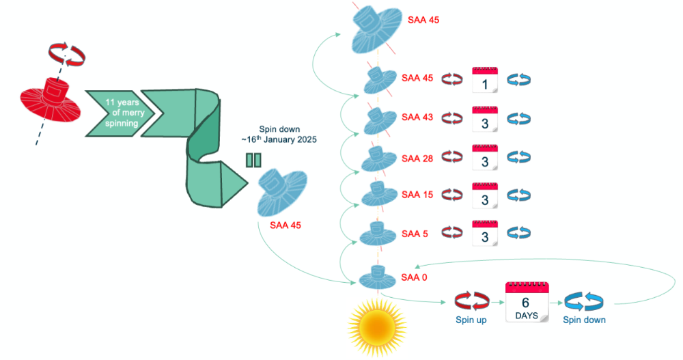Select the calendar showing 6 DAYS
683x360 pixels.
coord(527,303)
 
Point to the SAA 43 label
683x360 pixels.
coord(417,117)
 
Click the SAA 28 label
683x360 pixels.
coord(417,158)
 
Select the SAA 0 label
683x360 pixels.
coord(415,277)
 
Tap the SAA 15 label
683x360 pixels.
coord(417,195)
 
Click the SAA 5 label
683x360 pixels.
coord(415,234)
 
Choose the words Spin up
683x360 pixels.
coord(471,320)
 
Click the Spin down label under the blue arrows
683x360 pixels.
coord(584,320)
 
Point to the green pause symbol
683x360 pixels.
coord(253,161)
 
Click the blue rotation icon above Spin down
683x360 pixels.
coord(584,301)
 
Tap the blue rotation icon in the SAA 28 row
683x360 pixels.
coord(519,158)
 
